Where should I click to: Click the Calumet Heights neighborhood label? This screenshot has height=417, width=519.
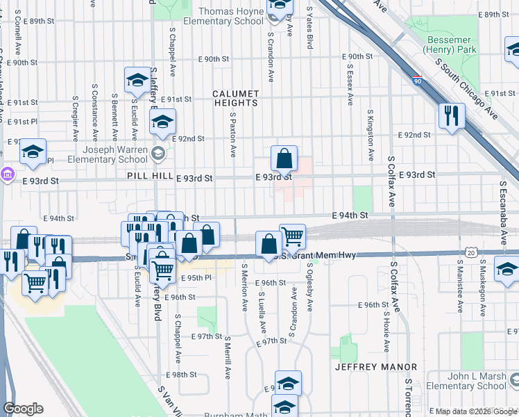[235, 98]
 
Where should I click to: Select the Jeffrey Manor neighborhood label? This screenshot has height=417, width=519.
[376, 366]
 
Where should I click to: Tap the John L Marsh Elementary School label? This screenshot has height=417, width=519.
[466, 381]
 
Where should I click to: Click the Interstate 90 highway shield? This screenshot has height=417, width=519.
[416, 81]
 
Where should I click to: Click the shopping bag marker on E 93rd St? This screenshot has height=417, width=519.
[284, 158]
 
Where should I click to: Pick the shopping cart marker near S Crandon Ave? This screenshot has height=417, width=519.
[293, 236]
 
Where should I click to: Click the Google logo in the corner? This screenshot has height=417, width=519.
[24, 408]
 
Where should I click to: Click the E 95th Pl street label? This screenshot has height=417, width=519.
[195, 278]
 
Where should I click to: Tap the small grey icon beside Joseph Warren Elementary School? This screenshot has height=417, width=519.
[158, 154]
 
